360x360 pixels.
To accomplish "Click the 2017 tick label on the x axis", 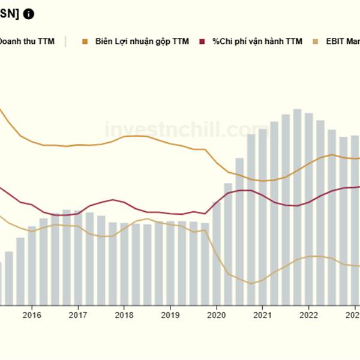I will [78, 314].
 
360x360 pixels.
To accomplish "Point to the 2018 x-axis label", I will [124, 314].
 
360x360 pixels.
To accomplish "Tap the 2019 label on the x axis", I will [170, 314].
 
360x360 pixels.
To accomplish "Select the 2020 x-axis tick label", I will [216, 314].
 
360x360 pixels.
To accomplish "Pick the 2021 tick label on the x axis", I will [262, 314].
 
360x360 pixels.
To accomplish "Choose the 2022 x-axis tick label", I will [308, 314].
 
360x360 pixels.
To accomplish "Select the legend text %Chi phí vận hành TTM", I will [257, 41].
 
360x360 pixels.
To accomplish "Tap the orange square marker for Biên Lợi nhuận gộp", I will [85, 41].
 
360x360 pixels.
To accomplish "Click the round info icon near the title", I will [29, 14].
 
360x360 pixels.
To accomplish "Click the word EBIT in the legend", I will [336, 41].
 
